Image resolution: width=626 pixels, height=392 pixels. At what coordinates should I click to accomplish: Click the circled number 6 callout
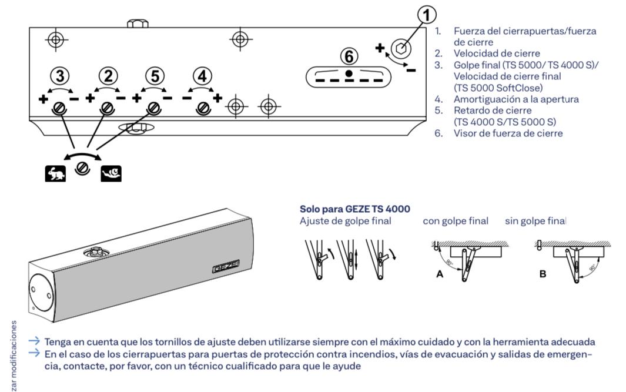349,56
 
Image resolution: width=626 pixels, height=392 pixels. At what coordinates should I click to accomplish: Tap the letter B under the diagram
543,273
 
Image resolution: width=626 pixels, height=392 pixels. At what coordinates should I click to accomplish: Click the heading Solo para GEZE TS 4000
355,209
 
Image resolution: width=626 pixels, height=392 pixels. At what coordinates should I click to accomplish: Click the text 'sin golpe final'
535,221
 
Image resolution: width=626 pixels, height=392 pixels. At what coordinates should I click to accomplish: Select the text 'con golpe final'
455,221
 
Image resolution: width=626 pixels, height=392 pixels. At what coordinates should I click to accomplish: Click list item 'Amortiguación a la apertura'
515,99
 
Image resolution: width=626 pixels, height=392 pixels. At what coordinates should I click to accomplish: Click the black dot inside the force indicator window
349,73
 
